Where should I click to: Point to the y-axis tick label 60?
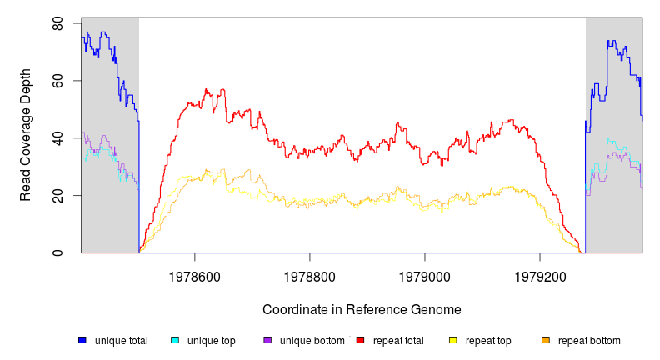coord(58,81)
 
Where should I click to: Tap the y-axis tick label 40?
coord(58,138)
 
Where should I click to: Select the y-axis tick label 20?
coord(58,196)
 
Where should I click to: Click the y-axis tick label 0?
coord(58,252)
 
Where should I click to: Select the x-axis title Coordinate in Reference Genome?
coord(362,309)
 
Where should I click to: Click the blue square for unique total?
coord(82,341)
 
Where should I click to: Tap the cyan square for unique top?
coord(175,341)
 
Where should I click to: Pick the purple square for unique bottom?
coord(267,341)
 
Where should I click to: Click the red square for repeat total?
coord(360,341)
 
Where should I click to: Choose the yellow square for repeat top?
coord(453,341)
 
